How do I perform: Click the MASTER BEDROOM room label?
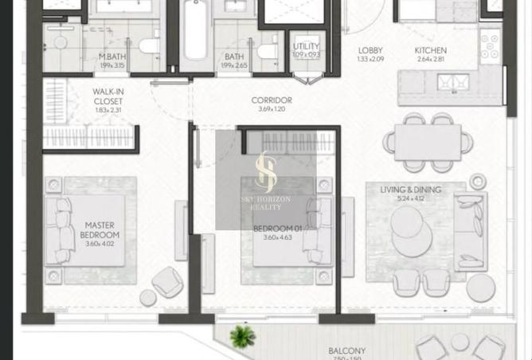(x=101, y=230)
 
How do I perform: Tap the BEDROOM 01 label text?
(x=272, y=229)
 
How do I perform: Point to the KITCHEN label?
(x=430, y=51)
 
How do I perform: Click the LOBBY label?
(x=370, y=51)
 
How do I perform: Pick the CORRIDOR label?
(x=271, y=100)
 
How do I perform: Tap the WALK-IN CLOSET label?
(x=108, y=96)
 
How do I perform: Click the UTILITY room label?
(x=306, y=47)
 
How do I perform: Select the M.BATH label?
(x=111, y=57)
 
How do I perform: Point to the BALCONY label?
(x=346, y=350)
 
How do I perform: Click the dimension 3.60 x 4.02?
(x=101, y=245)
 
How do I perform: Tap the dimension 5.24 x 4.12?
(x=411, y=199)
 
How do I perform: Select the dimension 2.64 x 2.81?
(x=430, y=60)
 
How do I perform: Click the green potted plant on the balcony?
(x=242, y=336)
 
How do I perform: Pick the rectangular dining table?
(x=427, y=143)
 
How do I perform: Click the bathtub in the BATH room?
(x=194, y=36)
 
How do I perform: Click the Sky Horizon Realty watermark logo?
(x=265, y=179)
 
